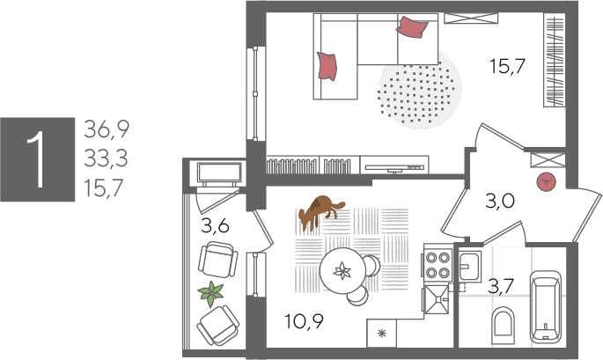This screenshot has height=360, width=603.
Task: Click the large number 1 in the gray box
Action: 38,159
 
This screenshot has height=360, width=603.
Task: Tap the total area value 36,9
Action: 107,129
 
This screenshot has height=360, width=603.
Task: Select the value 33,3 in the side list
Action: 106,158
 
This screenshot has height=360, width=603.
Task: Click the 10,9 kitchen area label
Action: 305,321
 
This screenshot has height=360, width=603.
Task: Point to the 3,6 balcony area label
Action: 215,225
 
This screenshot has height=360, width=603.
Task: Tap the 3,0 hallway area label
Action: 499,201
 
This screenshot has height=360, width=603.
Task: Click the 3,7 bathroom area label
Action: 501,287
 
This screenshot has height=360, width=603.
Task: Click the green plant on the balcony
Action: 210,293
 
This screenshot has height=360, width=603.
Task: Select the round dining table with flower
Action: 342,270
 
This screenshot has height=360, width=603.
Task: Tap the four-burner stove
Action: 438,265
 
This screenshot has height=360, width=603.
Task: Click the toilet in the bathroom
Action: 504,326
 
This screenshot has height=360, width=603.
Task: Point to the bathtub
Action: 546,306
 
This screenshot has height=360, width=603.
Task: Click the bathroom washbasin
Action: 469,266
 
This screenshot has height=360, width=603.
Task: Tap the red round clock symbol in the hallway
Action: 547,182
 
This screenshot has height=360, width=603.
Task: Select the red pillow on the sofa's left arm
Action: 327,66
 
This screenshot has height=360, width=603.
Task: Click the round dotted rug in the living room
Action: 420,91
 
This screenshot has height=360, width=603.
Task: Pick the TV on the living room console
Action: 394,168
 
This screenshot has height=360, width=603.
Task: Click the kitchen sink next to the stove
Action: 436,299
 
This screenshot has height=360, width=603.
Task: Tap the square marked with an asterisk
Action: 381,333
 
